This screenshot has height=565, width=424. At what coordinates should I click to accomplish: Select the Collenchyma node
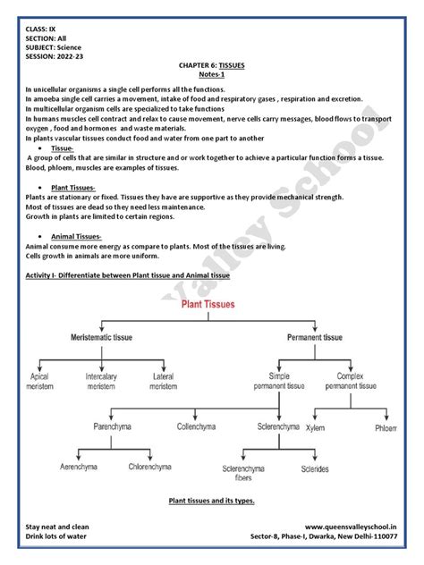click(x=197, y=426)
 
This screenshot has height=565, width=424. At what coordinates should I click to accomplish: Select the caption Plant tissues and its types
click(x=212, y=501)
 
